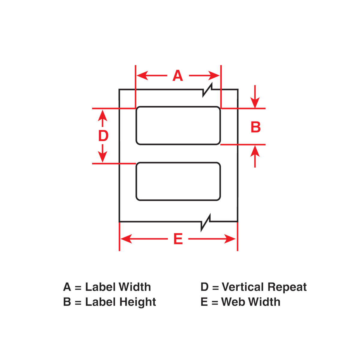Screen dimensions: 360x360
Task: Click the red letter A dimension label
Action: click(178, 76)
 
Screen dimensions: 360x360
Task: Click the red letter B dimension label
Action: click(256, 127)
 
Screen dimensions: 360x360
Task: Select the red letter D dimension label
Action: click(103, 136)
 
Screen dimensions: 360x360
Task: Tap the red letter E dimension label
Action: click(178, 239)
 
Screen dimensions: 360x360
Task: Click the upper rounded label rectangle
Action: click(178, 125)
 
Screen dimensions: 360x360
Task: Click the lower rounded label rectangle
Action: click(178, 181)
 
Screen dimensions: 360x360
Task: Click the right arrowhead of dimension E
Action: click(230, 239)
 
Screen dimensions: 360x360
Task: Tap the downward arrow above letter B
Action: click(255, 102)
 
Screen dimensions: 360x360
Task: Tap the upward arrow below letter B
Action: click(255, 151)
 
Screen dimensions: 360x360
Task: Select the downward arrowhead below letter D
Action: click(103, 157)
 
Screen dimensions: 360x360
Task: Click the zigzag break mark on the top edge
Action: click(208, 90)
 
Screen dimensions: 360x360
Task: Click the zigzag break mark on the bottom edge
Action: click(206, 222)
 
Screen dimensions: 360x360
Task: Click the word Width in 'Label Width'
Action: click(134, 287)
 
